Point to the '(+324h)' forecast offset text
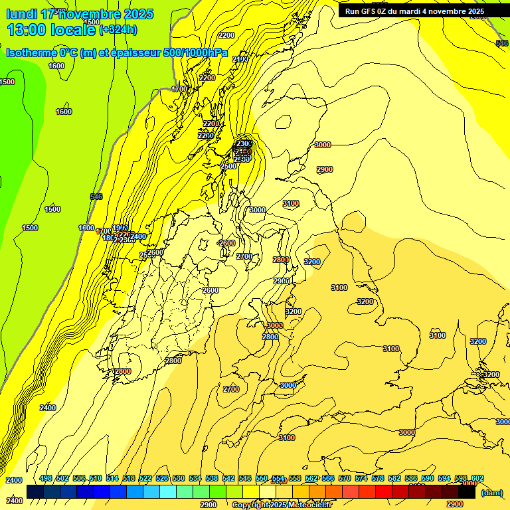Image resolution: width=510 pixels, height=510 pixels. pos(118,30)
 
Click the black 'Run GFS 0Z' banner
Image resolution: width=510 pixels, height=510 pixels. pos(414,11)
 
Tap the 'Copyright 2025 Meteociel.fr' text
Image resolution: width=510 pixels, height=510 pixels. pos(282,505)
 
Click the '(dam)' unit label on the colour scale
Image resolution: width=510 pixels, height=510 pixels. pos(491,493)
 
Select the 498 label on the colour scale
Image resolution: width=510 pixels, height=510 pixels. pos(46,479)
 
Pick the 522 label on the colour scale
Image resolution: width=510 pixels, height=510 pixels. pos(145,479)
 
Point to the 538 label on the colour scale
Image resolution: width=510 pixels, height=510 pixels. pos(212,479)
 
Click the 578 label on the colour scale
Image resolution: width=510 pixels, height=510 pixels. pos(378,479)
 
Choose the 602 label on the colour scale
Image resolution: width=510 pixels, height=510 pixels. pos(477,479)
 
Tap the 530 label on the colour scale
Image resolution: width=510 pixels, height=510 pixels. pos(179,479)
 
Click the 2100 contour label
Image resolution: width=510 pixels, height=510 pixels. pos(240,59)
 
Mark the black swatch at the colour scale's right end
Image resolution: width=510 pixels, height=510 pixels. pos(467,492)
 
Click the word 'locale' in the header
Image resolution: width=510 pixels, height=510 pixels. pos(73,29)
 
